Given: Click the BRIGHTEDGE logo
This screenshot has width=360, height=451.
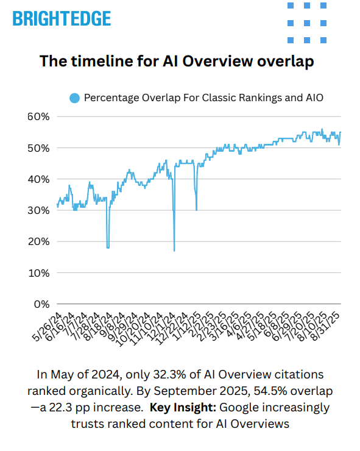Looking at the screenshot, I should [62, 18].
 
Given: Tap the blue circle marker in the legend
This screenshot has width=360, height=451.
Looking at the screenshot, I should [75, 98].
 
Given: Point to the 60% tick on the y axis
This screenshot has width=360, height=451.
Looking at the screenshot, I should [38, 116].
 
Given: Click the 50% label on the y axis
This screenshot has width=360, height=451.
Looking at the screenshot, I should [38, 148].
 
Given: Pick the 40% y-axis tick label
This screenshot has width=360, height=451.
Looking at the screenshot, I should [38, 179].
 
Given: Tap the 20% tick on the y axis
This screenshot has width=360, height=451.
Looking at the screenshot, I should [38, 241].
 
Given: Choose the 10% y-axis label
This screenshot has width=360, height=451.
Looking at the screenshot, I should [38, 272].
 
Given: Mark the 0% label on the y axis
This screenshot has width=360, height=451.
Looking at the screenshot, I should [40, 304].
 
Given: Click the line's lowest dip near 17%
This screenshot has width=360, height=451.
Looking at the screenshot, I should [174, 250].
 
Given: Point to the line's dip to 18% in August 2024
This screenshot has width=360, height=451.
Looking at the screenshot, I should [108, 247].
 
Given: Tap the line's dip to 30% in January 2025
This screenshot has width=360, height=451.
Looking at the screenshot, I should [196, 210].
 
